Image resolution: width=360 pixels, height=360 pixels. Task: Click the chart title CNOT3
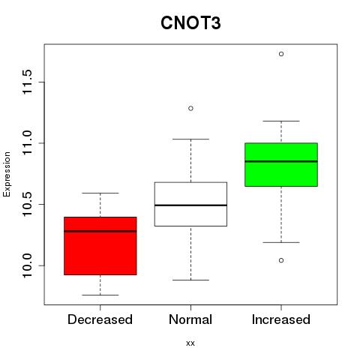(190, 23)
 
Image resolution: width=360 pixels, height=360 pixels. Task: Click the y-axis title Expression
(7, 174)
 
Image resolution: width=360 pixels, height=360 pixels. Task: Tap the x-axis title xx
(190, 343)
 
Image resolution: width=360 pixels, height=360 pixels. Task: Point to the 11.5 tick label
(27, 82)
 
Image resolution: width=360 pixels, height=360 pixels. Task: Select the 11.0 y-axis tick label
(27, 143)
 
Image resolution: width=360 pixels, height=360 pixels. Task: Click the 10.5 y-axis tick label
(27, 204)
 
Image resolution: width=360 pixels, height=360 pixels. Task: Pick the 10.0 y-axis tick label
(27, 265)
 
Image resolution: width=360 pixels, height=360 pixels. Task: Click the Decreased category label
(100, 319)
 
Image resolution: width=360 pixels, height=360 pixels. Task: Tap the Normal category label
(190, 319)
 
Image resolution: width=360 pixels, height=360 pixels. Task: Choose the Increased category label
(281, 319)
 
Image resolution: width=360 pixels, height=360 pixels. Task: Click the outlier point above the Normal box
(190, 108)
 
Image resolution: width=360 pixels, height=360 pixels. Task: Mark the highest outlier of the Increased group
(281, 54)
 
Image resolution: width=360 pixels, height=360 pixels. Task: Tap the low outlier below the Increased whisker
(281, 260)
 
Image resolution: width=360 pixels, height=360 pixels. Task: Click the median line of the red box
(100, 231)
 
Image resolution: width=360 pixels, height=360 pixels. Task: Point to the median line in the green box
(281, 161)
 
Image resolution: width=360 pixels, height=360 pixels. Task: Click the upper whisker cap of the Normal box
(190, 139)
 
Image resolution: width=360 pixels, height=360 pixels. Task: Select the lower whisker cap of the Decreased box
(100, 295)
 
